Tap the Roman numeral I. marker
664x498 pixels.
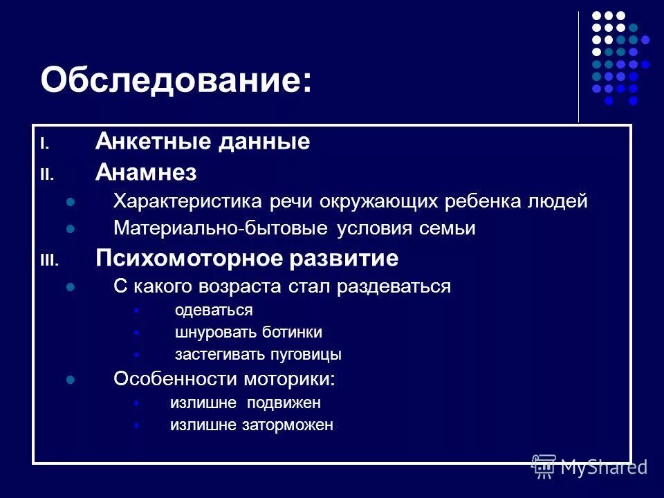(x=44, y=145)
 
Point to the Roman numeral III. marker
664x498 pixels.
(x=50, y=261)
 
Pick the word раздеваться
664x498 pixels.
(x=394, y=286)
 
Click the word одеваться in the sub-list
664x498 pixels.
(x=214, y=310)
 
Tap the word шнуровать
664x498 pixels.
(x=215, y=332)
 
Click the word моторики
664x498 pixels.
(x=288, y=379)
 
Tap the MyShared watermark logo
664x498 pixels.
(x=589, y=467)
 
